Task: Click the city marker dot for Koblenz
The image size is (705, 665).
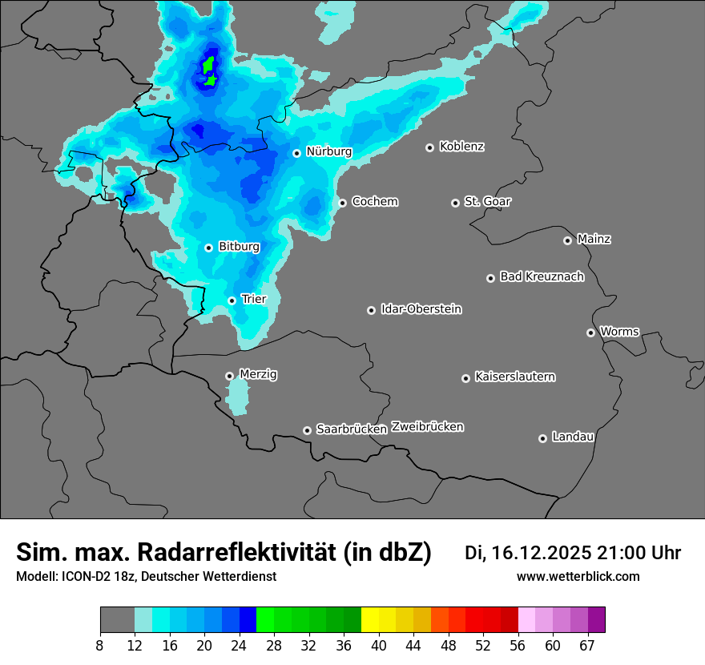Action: point(429,147)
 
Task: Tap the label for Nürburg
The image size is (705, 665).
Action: point(328,151)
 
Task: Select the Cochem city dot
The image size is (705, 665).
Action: point(342,203)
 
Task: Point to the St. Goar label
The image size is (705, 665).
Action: point(487,202)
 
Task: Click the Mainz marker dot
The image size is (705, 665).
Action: point(567,240)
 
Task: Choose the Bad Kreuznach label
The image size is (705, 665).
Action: point(542,277)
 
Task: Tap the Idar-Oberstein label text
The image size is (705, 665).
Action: point(421,309)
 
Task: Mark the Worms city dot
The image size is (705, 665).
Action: point(590,332)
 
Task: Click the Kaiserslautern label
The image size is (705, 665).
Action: point(514,377)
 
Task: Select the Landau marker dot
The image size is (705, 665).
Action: point(542,438)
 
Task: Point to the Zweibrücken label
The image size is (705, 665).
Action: point(427,427)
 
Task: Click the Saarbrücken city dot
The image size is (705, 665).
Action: point(307,430)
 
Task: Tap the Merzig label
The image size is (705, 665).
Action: point(258,374)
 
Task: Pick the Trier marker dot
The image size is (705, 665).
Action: point(232,300)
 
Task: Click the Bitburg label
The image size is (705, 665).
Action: point(239,247)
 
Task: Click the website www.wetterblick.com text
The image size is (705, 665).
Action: point(578,577)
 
